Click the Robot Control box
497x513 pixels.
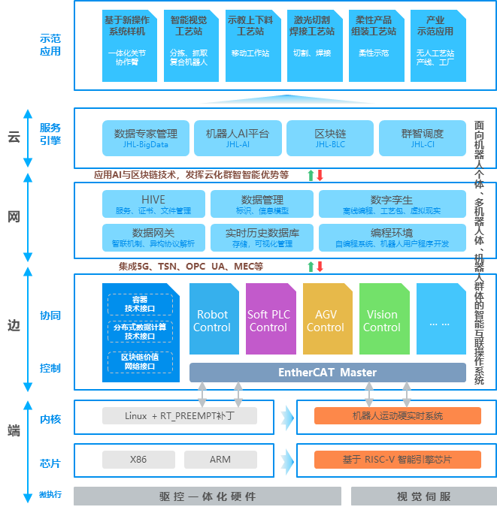pos(212,320)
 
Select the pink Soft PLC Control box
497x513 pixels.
pos(268,320)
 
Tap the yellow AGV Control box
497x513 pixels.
pos(326,320)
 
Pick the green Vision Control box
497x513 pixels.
pos(382,320)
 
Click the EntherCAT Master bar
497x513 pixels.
pos(327,373)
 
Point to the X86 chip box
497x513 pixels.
pos(138,459)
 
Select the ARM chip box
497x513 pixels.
pos(220,459)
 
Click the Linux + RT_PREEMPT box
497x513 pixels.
pos(180,415)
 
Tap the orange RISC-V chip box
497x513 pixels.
pos(397,459)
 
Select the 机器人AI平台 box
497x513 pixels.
pos(238,137)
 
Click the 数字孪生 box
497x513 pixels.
pos(391,204)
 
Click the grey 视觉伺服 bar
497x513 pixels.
pos(423,496)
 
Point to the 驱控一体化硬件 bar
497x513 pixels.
pos(208,496)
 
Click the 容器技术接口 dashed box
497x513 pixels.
pos(140,304)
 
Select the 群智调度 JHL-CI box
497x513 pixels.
pos(423,137)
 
